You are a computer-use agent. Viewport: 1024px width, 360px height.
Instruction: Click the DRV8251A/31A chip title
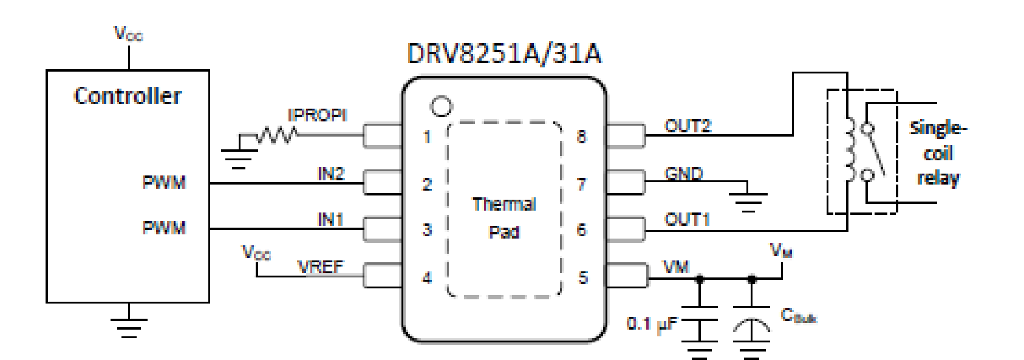503,53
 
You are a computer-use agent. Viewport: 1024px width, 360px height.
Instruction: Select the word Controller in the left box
128,96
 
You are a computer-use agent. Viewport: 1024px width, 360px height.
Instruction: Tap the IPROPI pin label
317,115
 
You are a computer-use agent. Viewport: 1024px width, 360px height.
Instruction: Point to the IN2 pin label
331,174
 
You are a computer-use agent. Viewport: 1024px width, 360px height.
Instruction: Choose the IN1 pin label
330,219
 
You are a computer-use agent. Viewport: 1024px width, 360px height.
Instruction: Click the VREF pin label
320,267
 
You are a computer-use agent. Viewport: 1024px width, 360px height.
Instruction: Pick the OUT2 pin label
688,126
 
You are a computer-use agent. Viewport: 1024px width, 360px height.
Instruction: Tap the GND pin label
684,174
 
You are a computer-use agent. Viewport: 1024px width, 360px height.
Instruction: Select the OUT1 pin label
687,219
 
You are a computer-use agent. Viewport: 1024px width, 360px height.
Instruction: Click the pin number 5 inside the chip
582,278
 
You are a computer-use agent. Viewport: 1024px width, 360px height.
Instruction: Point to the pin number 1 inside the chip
427,137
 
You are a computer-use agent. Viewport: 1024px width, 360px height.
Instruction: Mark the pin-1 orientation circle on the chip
441,107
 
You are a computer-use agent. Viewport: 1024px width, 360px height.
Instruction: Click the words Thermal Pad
504,218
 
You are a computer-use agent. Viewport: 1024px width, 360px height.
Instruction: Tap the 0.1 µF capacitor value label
652,324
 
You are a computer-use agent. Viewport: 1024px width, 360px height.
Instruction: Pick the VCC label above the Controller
129,33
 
